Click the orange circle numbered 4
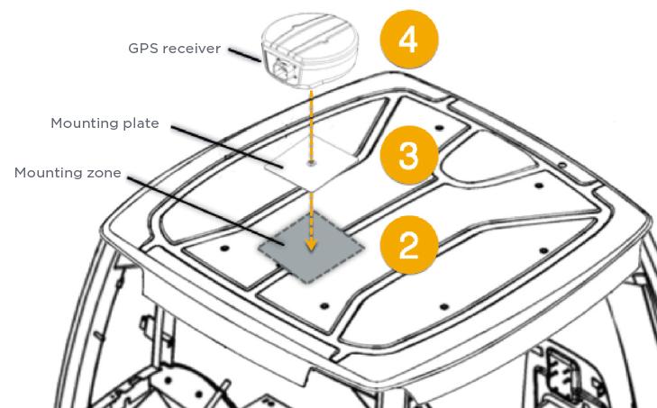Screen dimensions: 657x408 point(409,40)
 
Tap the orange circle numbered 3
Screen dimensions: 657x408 point(409,155)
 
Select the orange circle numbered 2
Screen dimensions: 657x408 point(409,245)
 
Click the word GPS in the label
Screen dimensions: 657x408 point(143,48)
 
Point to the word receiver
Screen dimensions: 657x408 point(191,49)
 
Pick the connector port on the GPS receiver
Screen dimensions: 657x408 point(285,68)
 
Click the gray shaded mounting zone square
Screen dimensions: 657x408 point(311,247)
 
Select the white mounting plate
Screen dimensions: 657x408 point(312,163)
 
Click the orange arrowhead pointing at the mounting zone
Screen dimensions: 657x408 point(311,244)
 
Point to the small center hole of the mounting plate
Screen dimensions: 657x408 point(311,162)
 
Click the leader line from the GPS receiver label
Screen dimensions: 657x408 point(244,55)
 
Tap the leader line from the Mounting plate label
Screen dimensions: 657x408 point(227,146)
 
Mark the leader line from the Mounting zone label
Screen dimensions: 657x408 point(206,210)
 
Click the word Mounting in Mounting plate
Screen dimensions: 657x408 point(85,123)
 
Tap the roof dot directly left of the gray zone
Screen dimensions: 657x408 point(224,249)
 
